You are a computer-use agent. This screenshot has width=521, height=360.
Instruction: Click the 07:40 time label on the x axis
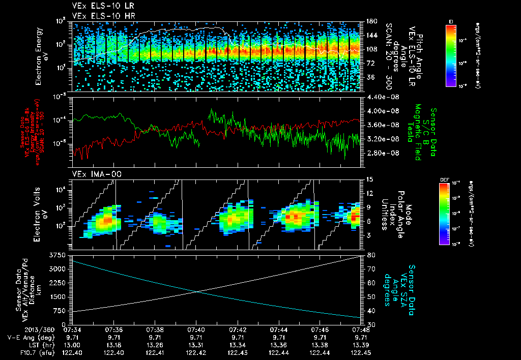click(x=197, y=329)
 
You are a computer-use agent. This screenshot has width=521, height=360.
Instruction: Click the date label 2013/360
click(x=17, y=329)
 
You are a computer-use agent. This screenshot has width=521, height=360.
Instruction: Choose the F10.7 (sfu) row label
click(x=21, y=352)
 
